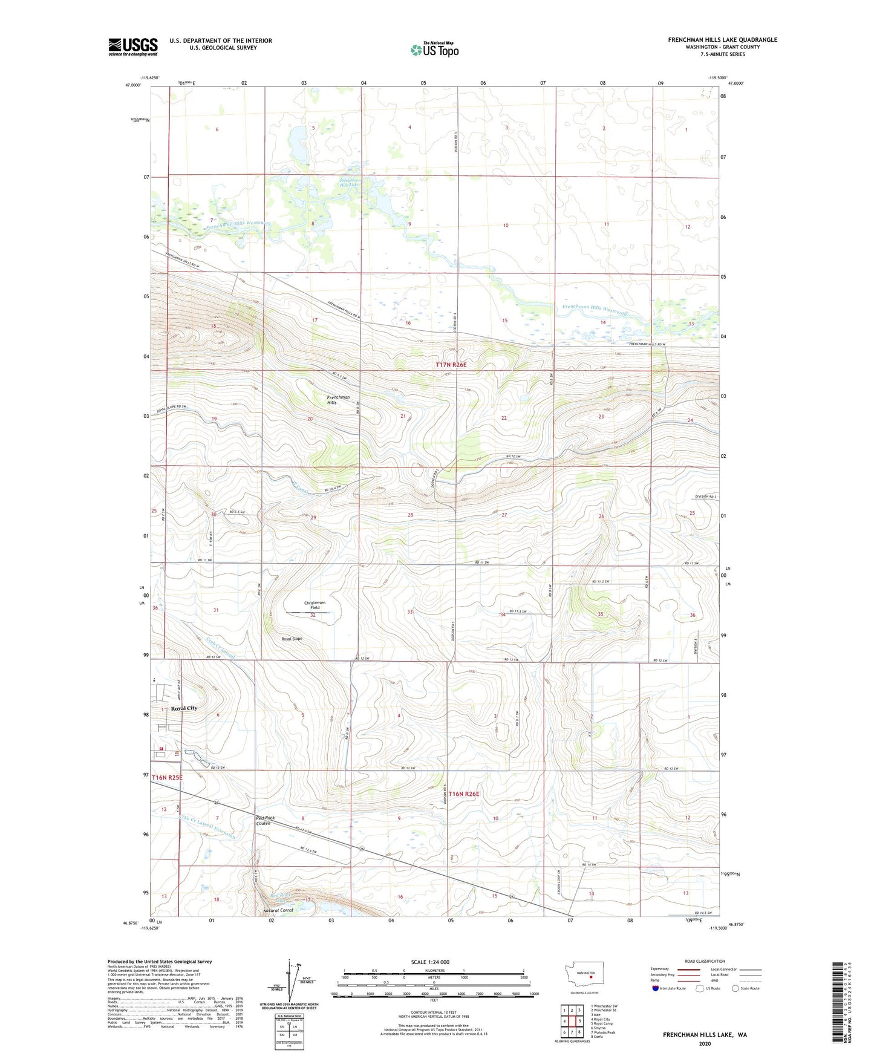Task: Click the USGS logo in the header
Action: tap(132, 46)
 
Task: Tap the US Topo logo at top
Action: tap(434, 50)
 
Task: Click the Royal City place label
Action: tap(184, 708)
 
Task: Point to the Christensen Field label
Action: tap(315, 605)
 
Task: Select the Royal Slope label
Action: tap(292, 639)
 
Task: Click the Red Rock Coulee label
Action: tap(265, 821)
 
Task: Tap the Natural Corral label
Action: tap(278, 910)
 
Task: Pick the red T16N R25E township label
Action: tap(167, 777)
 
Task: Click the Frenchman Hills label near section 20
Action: tap(338, 400)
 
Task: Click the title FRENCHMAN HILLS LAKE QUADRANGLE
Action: tap(722, 40)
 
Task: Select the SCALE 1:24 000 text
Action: tap(430, 962)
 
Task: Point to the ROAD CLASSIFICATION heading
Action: tap(705, 961)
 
